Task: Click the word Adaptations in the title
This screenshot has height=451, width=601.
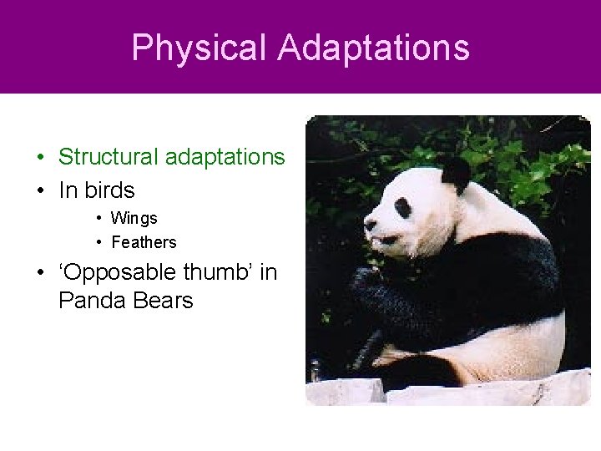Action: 374,48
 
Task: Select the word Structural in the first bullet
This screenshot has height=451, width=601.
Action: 107,157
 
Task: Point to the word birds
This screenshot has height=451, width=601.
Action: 109,190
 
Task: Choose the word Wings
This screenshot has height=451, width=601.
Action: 134,218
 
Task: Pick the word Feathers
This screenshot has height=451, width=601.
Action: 144,242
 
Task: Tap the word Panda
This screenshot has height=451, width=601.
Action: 91,300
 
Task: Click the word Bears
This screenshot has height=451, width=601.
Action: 161,300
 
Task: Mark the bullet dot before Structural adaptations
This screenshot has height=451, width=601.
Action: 40,158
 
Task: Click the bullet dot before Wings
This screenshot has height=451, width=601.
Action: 98,219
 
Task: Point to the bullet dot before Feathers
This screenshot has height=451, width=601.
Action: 98,243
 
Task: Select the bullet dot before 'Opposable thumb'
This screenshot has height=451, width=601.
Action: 40,273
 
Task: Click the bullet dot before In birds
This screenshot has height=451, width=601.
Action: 40,191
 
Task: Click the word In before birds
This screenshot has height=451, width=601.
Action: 67,190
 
